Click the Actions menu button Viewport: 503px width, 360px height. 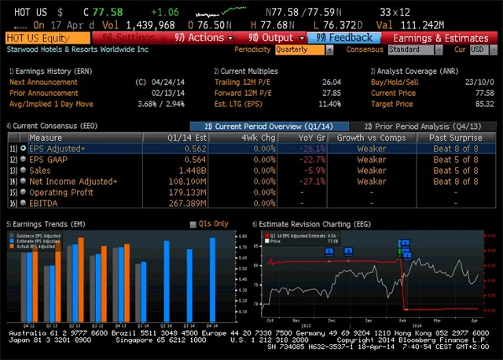(x=204, y=37)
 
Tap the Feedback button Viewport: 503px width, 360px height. (x=345, y=37)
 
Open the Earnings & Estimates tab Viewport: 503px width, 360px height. (x=440, y=37)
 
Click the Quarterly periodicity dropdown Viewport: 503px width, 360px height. (x=300, y=50)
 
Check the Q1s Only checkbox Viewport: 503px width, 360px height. (x=193, y=224)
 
